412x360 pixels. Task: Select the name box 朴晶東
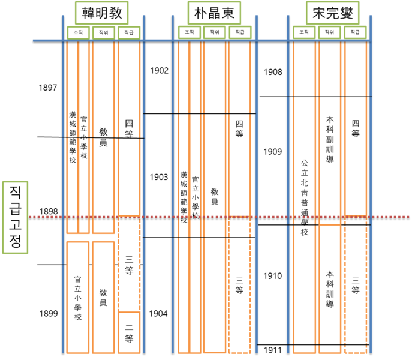[x=214, y=13]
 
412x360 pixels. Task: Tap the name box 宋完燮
[x=331, y=13]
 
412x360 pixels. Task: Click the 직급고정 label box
[x=15, y=216]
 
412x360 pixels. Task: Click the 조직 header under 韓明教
[x=77, y=32]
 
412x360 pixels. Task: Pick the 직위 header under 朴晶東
[x=214, y=32]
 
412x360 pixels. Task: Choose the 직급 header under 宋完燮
[x=354, y=32]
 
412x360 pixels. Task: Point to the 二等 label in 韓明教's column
[x=129, y=333]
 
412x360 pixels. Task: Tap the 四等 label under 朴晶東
[x=239, y=129]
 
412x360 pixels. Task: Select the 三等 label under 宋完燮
[x=355, y=285]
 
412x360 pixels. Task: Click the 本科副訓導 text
[x=330, y=140]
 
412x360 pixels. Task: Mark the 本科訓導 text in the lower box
[x=330, y=288]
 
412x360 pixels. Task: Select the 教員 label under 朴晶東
[x=214, y=196]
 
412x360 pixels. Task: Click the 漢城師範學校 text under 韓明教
[x=73, y=137]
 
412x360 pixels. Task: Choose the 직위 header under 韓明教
[x=103, y=32]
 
